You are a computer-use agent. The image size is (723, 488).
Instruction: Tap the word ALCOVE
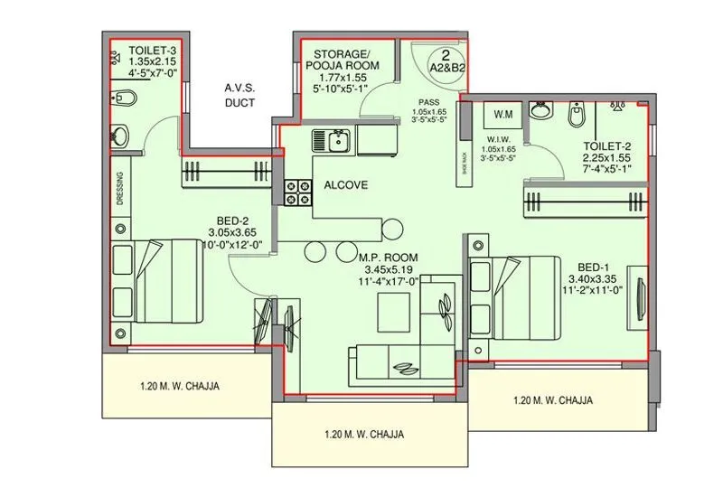346,185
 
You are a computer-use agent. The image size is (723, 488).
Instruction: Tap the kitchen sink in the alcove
338,140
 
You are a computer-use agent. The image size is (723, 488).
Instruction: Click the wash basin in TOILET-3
121,136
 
